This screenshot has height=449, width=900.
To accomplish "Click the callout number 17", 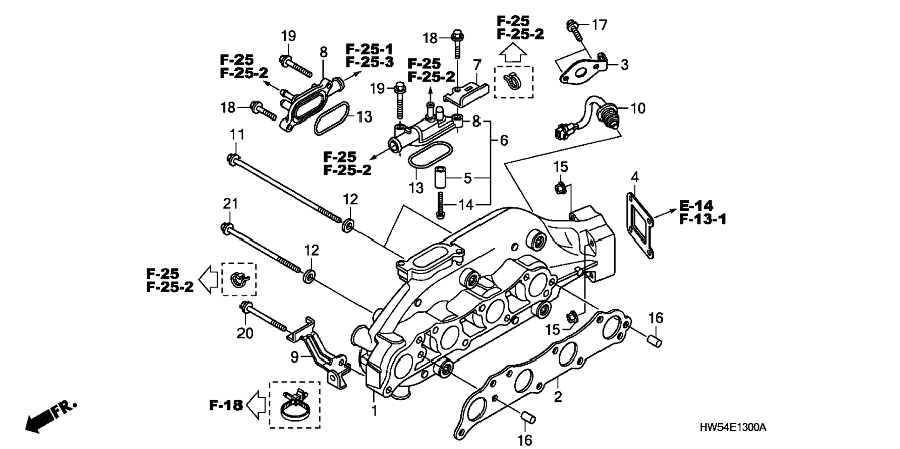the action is [599, 24].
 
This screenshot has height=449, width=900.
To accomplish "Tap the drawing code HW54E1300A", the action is [732, 427].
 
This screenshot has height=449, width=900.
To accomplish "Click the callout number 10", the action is [638, 108].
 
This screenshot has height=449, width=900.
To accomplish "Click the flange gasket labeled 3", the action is [583, 69].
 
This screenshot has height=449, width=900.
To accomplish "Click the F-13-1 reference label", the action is [703, 219].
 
